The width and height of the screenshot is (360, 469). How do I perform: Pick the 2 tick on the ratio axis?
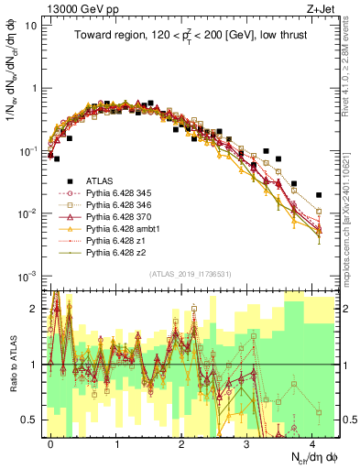(x=36, y=309)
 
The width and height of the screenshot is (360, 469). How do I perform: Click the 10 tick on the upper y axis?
(x=31, y=25)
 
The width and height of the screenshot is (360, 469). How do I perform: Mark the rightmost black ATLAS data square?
(x=318, y=195)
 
